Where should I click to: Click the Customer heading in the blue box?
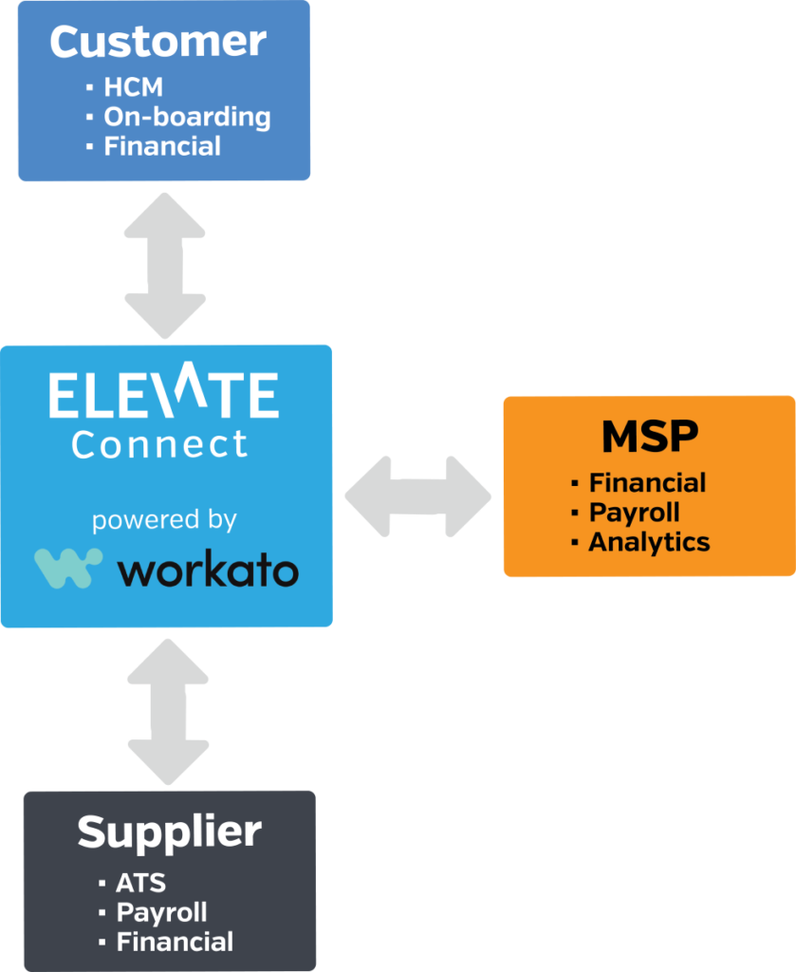point(157,42)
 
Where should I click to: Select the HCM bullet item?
point(133,87)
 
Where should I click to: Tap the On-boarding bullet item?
point(186,118)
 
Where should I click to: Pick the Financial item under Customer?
point(161,146)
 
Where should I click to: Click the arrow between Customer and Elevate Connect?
point(165,265)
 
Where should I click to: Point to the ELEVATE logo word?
point(163,396)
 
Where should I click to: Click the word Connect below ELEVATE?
point(159,443)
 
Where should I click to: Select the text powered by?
point(164,521)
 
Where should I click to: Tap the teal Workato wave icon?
point(68,568)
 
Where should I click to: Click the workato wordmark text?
point(208,570)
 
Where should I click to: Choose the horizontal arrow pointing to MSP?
point(417,496)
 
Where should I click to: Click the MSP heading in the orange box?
point(649,437)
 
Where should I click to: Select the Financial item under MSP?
point(647,483)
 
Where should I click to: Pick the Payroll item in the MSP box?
point(634,513)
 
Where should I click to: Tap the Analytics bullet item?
point(649,542)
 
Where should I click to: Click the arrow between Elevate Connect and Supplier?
point(168,711)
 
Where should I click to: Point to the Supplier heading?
point(169,832)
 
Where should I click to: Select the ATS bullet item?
point(140,883)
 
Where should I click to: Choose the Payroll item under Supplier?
point(161,912)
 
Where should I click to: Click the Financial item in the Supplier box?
point(174,942)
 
